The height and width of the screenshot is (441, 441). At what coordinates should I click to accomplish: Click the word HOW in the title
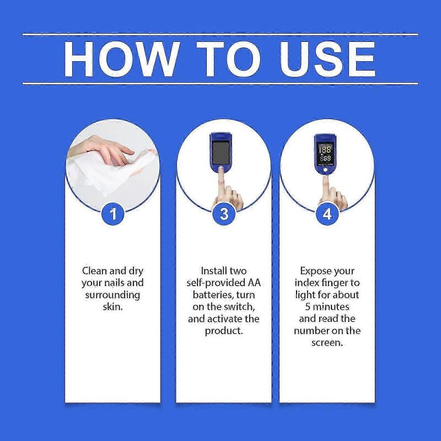(121, 58)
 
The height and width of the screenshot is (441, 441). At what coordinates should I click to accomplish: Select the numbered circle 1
(113, 213)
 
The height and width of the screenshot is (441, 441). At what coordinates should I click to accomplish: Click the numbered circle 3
(223, 213)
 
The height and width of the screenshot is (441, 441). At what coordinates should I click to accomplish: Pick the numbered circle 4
(327, 213)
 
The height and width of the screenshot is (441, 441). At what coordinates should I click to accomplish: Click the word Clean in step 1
(94, 271)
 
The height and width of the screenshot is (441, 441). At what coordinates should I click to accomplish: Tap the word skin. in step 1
(112, 306)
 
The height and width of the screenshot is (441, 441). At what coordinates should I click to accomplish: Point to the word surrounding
(112, 295)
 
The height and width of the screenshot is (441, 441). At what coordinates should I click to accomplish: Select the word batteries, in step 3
(205, 295)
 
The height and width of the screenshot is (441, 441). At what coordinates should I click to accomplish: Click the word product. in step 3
(223, 331)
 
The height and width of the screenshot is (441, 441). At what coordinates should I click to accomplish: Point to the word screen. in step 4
(327, 342)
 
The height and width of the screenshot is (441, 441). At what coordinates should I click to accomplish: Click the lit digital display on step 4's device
(326, 153)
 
